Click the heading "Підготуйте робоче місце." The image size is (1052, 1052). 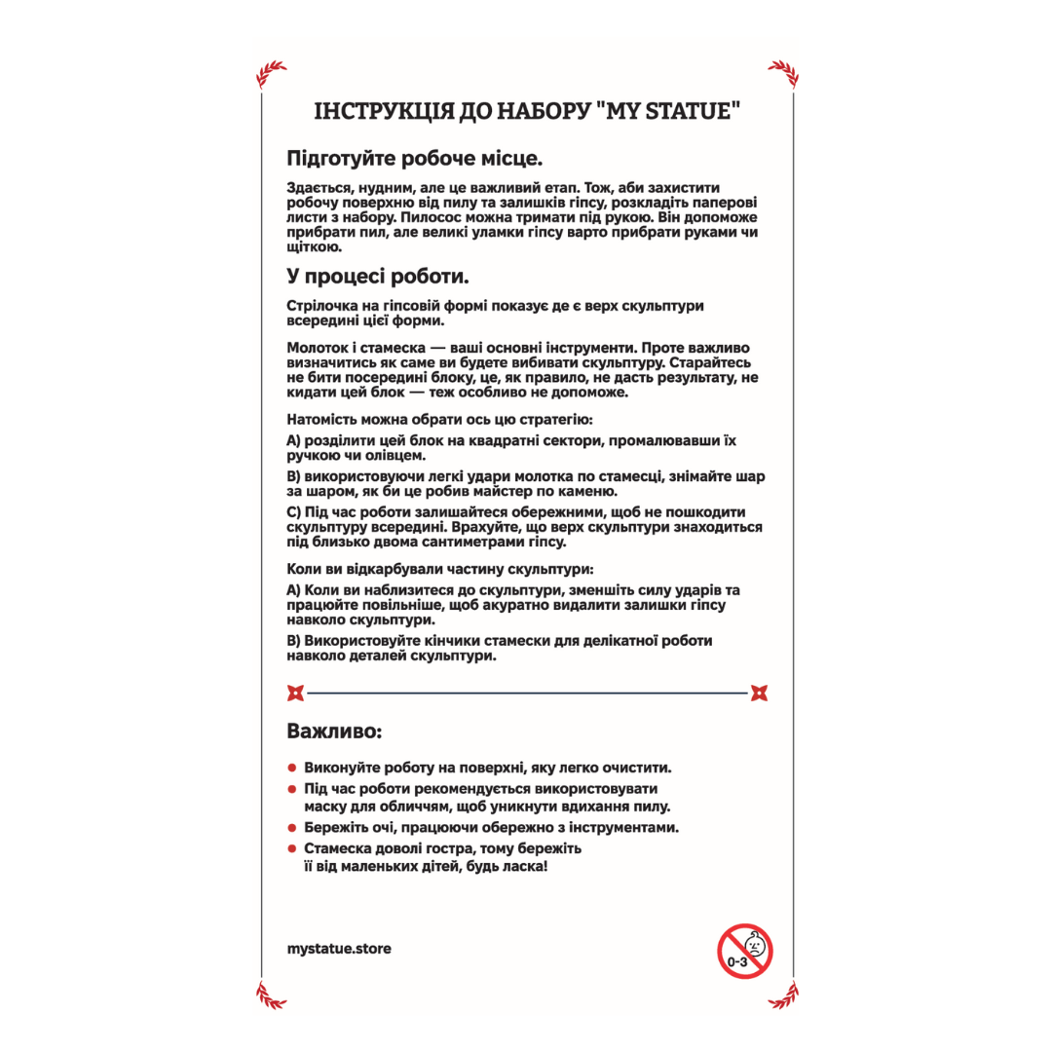tap(414, 158)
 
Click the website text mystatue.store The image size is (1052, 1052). tap(340, 948)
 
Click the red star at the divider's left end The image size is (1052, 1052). tap(295, 694)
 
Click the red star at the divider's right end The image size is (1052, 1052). tap(760, 694)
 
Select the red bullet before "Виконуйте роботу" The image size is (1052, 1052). tap(292, 768)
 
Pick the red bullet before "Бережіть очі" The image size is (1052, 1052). tap(292, 828)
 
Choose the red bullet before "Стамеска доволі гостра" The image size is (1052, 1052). tap(292, 849)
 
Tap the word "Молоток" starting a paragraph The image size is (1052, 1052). tap(318, 349)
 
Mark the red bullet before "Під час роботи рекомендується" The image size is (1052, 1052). tap(292, 788)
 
